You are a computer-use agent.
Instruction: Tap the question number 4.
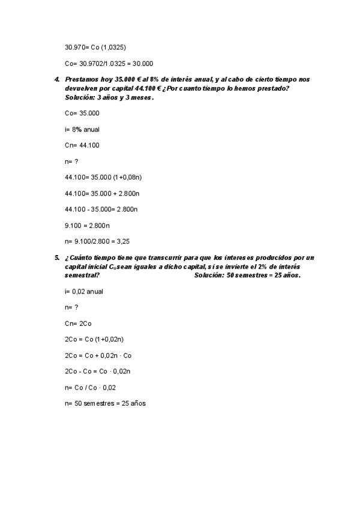56,79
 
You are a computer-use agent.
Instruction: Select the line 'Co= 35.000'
82,113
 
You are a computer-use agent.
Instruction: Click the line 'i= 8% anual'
82,129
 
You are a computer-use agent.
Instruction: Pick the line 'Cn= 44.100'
82,145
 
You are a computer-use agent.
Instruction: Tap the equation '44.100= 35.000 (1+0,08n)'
103,177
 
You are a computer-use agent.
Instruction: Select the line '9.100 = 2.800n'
87,226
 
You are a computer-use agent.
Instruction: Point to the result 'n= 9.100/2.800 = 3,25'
97,242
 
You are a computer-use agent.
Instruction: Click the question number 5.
56,258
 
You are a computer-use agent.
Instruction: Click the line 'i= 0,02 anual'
84,291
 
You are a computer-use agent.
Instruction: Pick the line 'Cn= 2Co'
78,323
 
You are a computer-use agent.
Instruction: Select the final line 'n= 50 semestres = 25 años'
105,404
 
